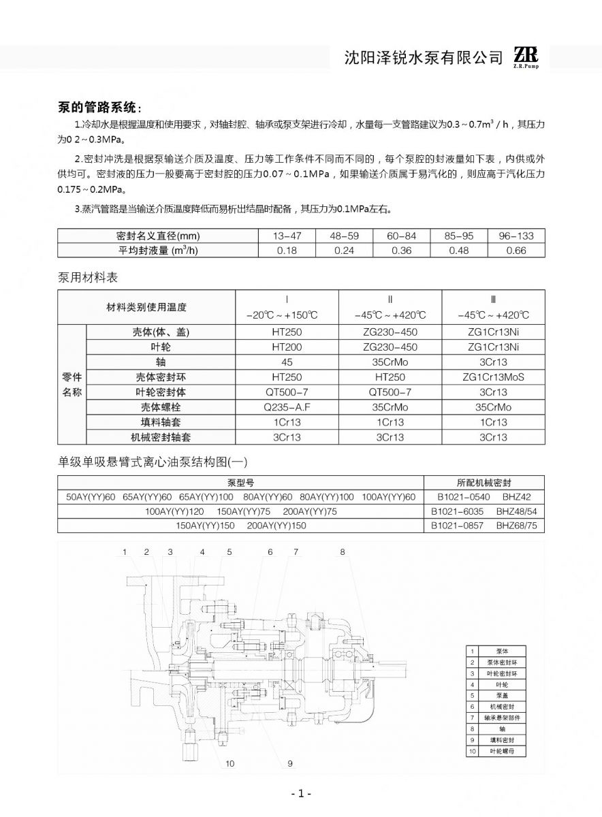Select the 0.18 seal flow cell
pos(287,250)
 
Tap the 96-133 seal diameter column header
pos(516,236)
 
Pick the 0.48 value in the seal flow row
pos(459,250)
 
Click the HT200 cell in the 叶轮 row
pos(287,347)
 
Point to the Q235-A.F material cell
pos(287,407)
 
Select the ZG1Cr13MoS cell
pos(493,377)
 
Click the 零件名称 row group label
pos(72,385)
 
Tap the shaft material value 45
pos(287,362)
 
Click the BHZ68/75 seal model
pos(516,526)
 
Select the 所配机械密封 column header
pos(484,482)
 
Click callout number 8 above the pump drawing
pos(343,551)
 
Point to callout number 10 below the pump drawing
pos(229,763)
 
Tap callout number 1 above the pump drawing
pos(125,551)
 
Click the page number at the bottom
pos(300,794)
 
